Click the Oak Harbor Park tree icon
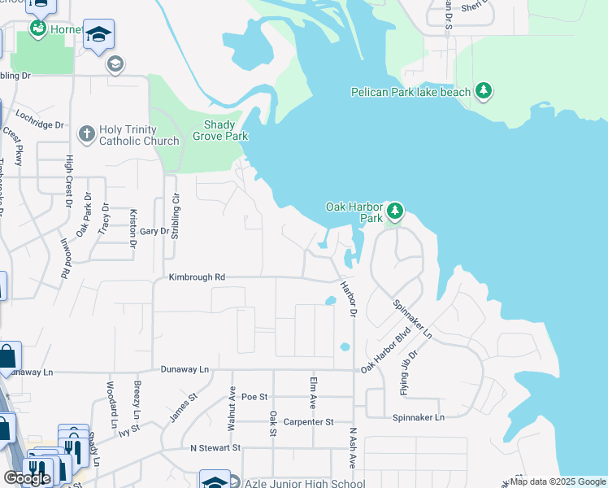click(395, 212)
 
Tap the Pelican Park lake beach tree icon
click(484, 90)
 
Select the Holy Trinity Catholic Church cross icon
click(86, 133)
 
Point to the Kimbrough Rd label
click(197, 277)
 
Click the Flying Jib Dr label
click(408, 373)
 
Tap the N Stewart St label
click(215, 447)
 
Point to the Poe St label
click(254, 397)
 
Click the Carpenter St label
click(307, 422)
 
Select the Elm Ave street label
click(313, 392)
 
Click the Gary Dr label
click(154, 231)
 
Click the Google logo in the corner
click(28, 478)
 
